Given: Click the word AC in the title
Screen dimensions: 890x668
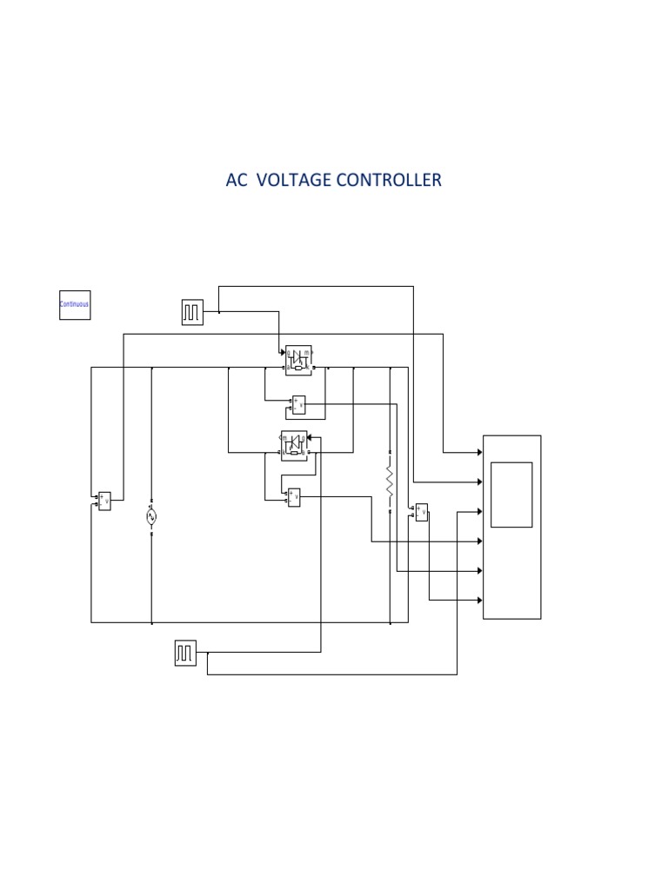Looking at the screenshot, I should [x=236, y=180].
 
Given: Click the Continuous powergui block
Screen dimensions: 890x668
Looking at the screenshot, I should [x=75, y=304].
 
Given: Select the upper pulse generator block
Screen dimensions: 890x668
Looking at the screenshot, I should [x=192, y=312].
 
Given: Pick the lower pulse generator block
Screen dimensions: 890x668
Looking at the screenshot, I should [x=185, y=653].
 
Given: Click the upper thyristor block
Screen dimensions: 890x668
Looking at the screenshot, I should [x=300, y=359].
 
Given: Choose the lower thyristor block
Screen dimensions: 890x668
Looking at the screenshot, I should [x=294, y=446].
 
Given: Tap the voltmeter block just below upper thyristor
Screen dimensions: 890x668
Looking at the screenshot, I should [x=298, y=404].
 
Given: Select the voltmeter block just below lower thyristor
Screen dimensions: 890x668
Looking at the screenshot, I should [x=294, y=497].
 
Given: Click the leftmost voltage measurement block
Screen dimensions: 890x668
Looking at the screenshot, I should [x=104, y=501].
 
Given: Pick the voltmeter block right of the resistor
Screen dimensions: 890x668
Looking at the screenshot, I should [x=422, y=512].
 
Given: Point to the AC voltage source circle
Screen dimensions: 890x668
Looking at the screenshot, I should [x=151, y=516].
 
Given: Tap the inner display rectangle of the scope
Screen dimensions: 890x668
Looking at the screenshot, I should [x=511, y=495].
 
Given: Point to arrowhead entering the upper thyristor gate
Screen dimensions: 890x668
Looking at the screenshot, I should [x=282, y=352].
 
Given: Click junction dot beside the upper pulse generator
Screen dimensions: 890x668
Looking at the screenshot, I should [x=218, y=312].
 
